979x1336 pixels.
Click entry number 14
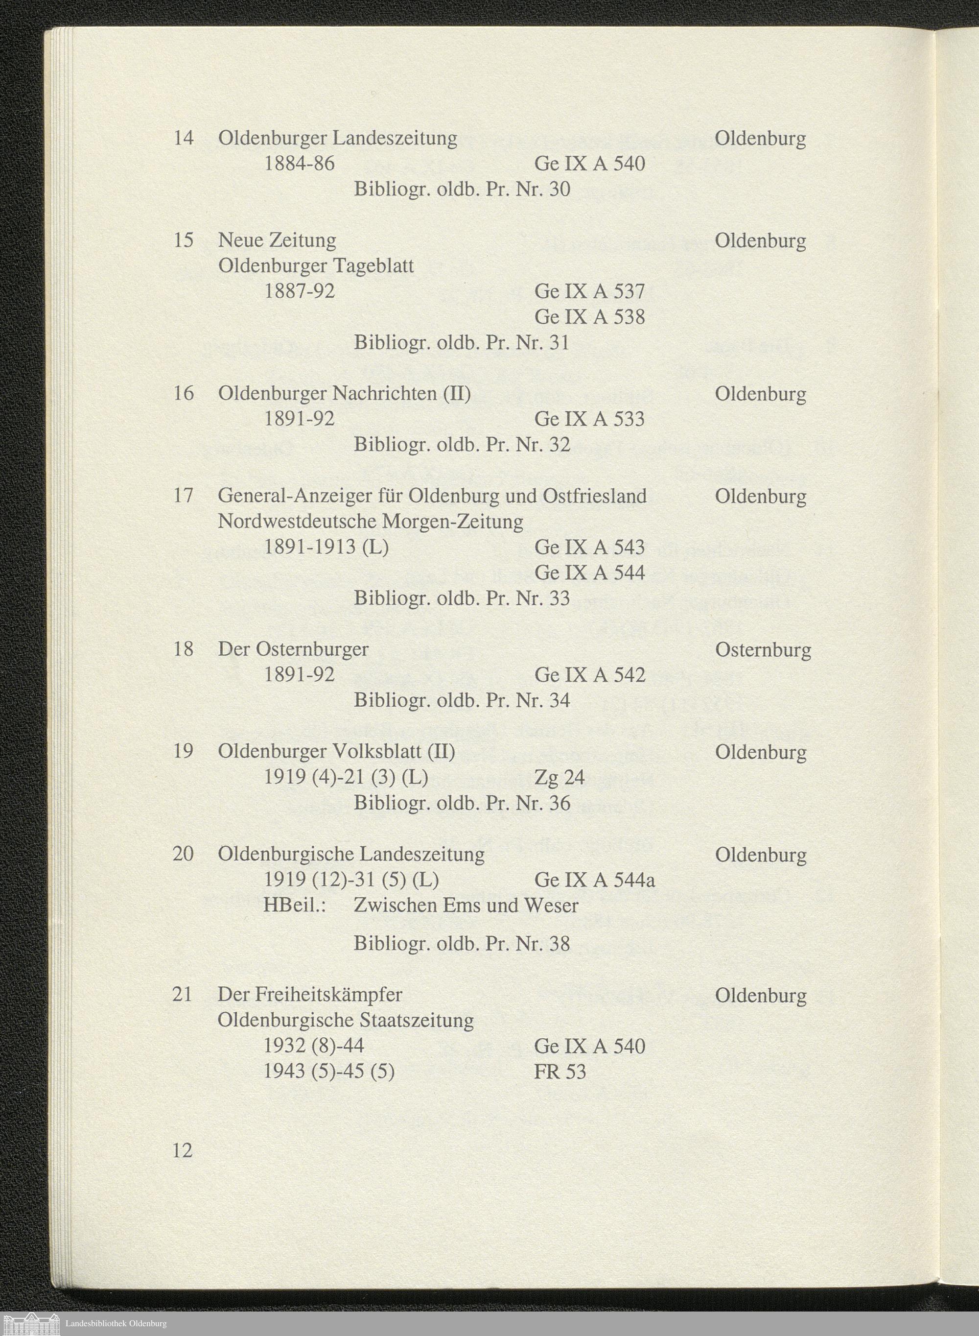click(x=183, y=138)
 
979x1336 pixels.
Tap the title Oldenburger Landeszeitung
click(x=337, y=138)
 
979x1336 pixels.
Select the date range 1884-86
click(x=299, y=164)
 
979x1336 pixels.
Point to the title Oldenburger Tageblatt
click(x=316, y=266)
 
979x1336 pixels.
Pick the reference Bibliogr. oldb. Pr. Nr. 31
click(x=461, y=343)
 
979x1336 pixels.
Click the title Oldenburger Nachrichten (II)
click(x=344, y=394)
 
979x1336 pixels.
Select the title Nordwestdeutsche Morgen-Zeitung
click(x=371, y=522)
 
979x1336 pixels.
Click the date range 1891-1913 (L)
click(x=326, y=547)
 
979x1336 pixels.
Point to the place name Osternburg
click(x=763, y=649)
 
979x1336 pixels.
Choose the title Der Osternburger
click(x=293, y=649)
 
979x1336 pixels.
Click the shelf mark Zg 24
click(x=559, y=777)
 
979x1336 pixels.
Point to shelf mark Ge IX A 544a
click(x=594, y=880)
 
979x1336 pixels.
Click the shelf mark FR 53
click(x=559, y=1072)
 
